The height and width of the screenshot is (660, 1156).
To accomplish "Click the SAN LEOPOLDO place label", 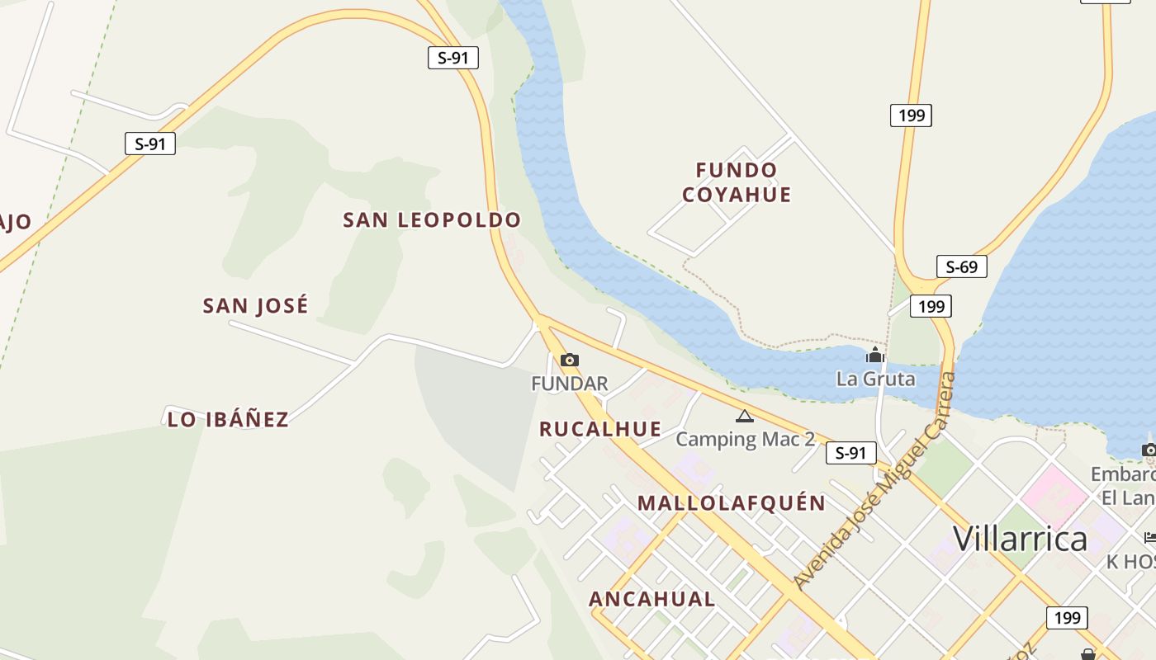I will click(x=432, y=220).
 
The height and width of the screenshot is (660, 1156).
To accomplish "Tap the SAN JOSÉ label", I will click(x=256, y=306).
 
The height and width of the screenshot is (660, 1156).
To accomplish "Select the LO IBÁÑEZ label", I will click(x=228, y=419).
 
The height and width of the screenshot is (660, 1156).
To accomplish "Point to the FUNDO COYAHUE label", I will click(x=737, y=182).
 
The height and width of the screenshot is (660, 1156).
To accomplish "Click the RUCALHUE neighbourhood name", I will click(x=600, y=429).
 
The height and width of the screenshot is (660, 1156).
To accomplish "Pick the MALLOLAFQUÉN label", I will click(x=732, y=503).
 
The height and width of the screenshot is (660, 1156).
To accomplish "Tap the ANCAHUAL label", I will click(x=651, y=599).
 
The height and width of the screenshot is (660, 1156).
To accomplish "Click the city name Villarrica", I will click(x=1021, y=539).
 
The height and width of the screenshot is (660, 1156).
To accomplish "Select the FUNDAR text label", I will click(x=570, y=384).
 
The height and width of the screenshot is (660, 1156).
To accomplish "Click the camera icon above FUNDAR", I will click(x=570, y=360).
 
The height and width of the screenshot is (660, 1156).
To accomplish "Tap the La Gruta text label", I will click(x=875, y=379).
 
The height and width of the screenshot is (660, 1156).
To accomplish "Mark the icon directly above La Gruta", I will click(x=875, y=356).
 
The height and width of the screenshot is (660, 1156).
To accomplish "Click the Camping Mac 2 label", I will click(x=745, y=439).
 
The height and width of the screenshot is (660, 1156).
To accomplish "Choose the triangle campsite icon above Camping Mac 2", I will click(x=745, y=417).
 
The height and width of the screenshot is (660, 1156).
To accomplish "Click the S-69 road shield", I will click(x=962, y=266).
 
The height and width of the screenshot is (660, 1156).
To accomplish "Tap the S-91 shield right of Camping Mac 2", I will click(x=850, y=452).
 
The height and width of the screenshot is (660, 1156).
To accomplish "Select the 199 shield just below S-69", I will click(x=931, y=306).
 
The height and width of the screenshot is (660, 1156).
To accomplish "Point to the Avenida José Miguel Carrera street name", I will click(x=875, y=480).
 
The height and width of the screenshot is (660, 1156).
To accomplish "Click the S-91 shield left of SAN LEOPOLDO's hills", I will click(x=150, y=144).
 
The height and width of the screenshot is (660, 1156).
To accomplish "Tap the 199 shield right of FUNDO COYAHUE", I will click(x=911, y=115).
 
